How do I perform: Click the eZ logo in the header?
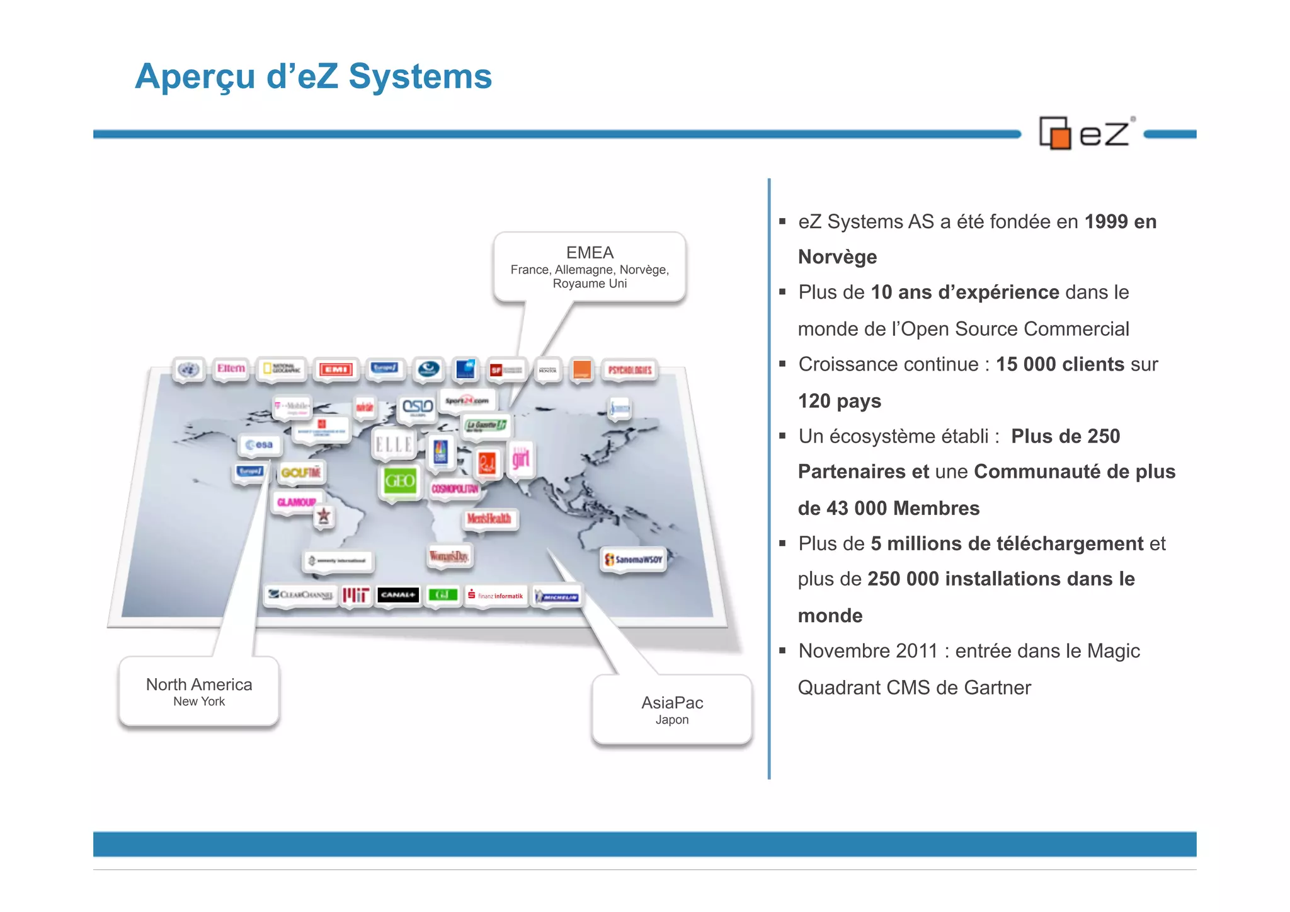[x=1086, y=133]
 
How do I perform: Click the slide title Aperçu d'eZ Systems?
[x=313, y=76]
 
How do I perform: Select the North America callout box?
[x=199, y=691]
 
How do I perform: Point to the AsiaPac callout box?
[x=672, y=710]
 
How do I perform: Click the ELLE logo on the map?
[x=394, y=445]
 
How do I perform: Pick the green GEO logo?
[x=400, y=482]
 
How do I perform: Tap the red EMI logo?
[x=336, y=369]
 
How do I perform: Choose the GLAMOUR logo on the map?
[x=297, y=502]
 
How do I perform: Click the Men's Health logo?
[x=489, y=519]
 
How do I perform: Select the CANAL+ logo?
[x=398, y=594]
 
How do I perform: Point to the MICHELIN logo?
[x=557, y=596]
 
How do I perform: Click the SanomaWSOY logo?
[x=634, y=559]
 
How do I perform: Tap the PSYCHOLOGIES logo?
[x=630, y=370]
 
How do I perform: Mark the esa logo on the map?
[x=260, y=445]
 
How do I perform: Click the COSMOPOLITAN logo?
[x=455, y=489]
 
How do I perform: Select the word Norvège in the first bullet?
[x=837, y=257]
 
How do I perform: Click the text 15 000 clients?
[x=1059, y=364]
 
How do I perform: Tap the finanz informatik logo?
[x=496, y=596]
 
